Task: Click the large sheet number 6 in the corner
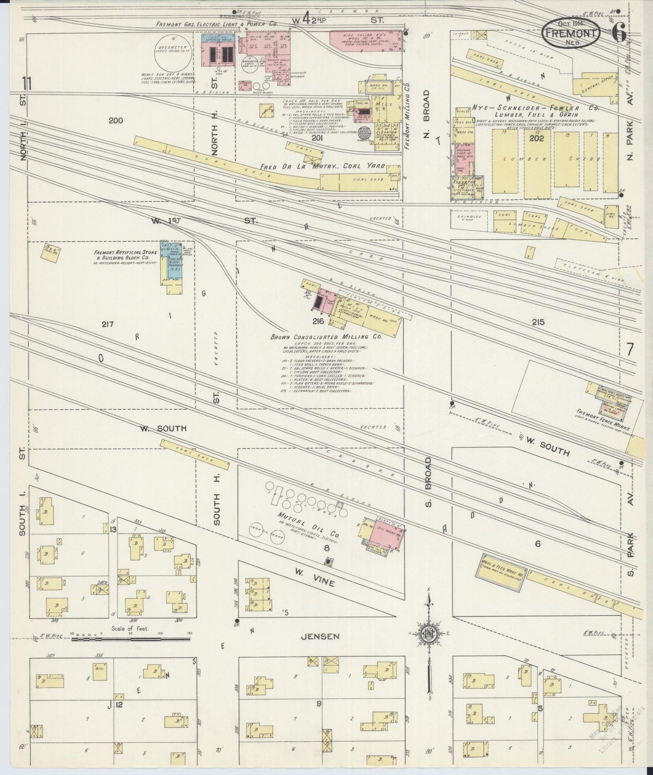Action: [x=619, y=33]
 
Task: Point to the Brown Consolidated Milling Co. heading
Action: [x=326, y=337]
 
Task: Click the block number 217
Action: [x=107, y=324]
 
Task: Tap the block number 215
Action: [x=538, y=322]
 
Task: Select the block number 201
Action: [x=317, y=138]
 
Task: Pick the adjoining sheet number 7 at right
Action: [x=630, y=350]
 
